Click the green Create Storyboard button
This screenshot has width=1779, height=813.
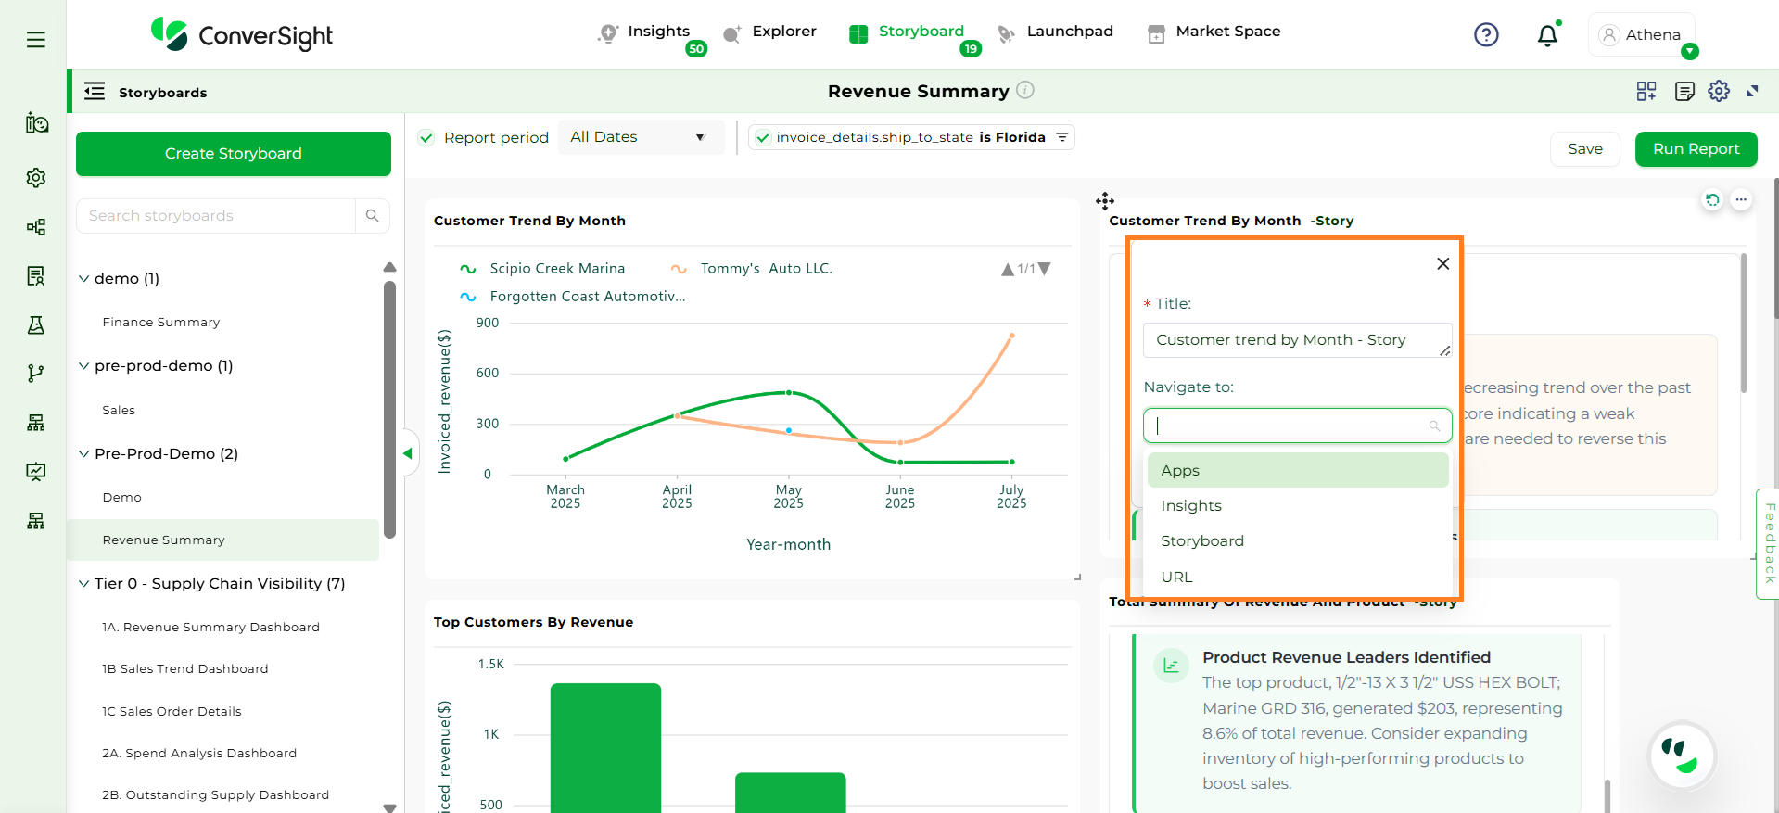[233, 154]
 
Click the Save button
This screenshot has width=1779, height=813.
[1584, 149]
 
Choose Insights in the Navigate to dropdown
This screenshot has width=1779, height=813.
[1191, 506]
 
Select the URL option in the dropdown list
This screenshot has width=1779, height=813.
[1176, 577]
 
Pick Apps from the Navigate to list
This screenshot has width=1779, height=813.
[1180, 471]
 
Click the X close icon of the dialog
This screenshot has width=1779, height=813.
[1442, 264]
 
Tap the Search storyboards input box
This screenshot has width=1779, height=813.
[217, 216]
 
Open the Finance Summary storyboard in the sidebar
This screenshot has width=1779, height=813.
[161, 323]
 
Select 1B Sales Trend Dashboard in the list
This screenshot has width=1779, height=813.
[185, 669]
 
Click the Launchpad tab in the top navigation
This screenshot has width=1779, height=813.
[1069, 32]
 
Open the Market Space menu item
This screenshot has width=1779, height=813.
[1227, 32]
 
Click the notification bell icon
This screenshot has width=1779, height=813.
[1547, 35]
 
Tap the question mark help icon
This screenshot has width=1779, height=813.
[1486, 35]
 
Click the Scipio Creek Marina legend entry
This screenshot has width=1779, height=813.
[556, 269]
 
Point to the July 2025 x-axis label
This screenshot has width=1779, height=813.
[1011, 497]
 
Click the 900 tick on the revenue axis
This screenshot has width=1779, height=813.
[488, 324]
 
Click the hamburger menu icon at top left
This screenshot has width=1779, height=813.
[36, 40]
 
